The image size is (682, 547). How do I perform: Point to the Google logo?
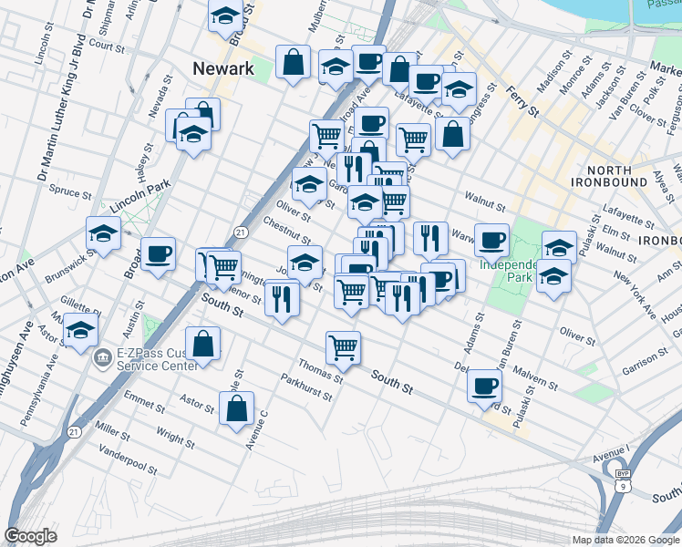31,536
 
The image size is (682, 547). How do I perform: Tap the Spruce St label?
70,193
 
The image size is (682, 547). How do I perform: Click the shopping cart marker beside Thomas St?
343,346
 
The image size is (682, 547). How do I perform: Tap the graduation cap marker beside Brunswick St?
104,233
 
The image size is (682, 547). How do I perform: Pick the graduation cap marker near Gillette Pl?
82,330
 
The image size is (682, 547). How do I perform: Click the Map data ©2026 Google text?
625,540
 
